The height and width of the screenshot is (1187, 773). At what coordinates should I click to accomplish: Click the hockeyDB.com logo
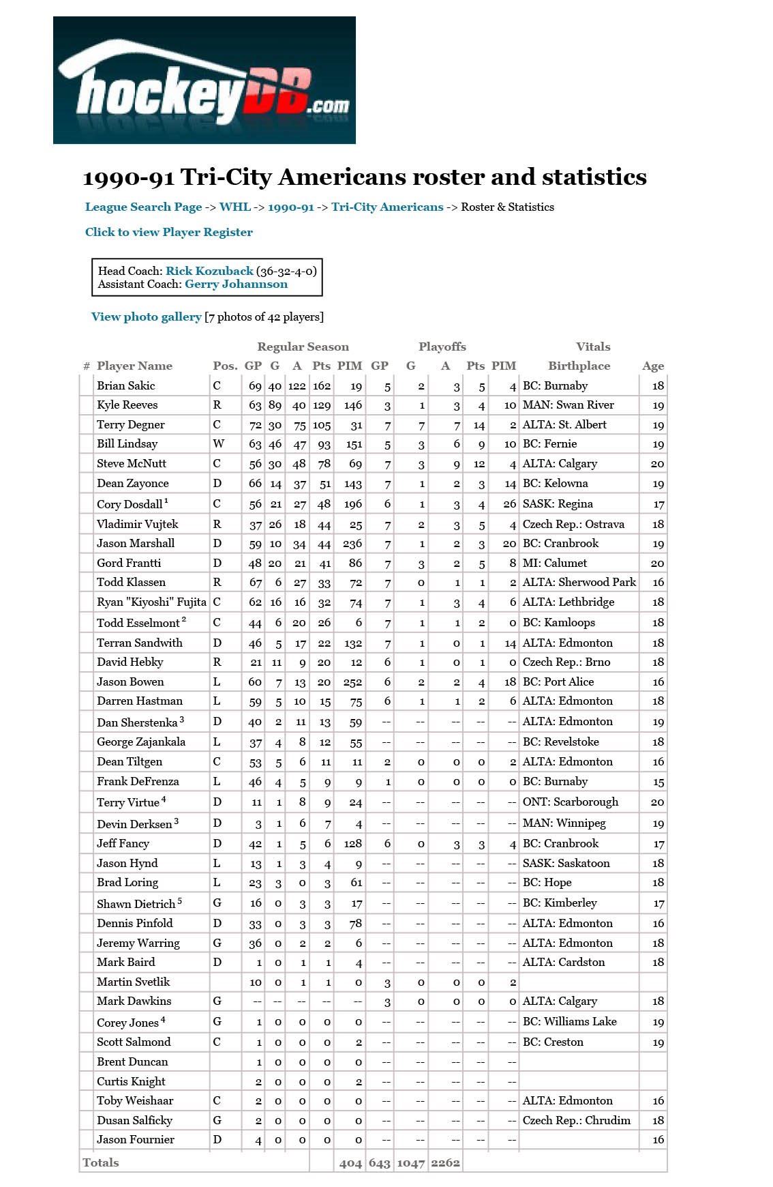pyautogui.click(x=204, y=80)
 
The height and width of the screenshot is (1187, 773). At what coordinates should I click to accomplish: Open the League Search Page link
pyautogui.click(x=143, y=207)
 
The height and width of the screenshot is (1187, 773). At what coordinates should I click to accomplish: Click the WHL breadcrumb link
pyautogui.click(x=234, y=207)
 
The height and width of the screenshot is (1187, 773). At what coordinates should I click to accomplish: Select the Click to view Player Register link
pyautogui.click(x=168, y=232)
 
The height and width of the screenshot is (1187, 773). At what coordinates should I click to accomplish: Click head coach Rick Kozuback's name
pyautogui.click(x=209, y=271)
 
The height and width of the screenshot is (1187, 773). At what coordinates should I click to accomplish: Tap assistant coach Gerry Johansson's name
pyautogui.click(x=236, y=284)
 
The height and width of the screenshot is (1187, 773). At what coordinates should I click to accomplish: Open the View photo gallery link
pyautogui.click(x=146, y=317)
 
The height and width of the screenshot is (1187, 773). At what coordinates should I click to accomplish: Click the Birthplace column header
pyautogui.click(x=579, y=366)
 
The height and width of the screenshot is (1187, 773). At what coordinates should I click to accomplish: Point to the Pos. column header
pyautogui.click(x=225, y=366)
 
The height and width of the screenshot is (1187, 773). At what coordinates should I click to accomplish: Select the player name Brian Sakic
pyautogui.click(x=126, y=385)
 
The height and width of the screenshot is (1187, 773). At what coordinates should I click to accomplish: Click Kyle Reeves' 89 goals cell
pyautogui.click(x=275, y=405)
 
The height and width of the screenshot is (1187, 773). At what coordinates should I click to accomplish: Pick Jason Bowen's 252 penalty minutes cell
pyautogui.click(x=352, y=682)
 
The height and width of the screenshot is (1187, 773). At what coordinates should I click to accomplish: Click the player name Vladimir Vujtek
pyautogui.click(x=137, y=524)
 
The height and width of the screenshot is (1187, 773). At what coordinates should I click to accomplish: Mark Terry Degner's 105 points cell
pyautogui.click(x=321, y=425)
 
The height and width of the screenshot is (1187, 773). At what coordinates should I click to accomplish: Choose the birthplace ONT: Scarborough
pyautogui.click(x=570, y=802)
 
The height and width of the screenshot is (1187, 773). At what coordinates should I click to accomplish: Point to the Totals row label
pyautogui.click(x=101, y=1162)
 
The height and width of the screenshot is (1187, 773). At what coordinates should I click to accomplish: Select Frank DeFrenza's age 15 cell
pyautogui.click(x=658, y=782)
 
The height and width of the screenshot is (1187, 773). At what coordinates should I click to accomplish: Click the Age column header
pyautogui.click(x=652, y=366)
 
